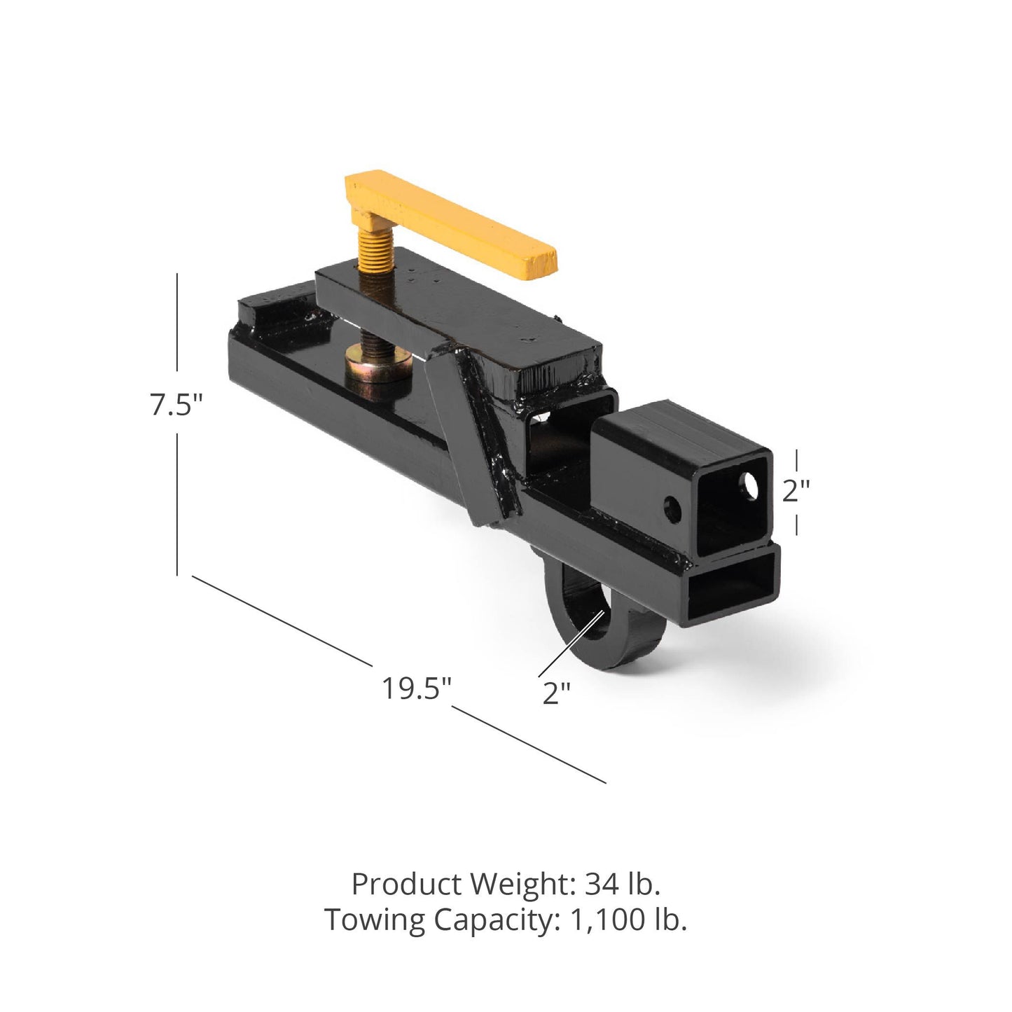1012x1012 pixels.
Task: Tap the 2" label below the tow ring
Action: (x=557, y=693)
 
